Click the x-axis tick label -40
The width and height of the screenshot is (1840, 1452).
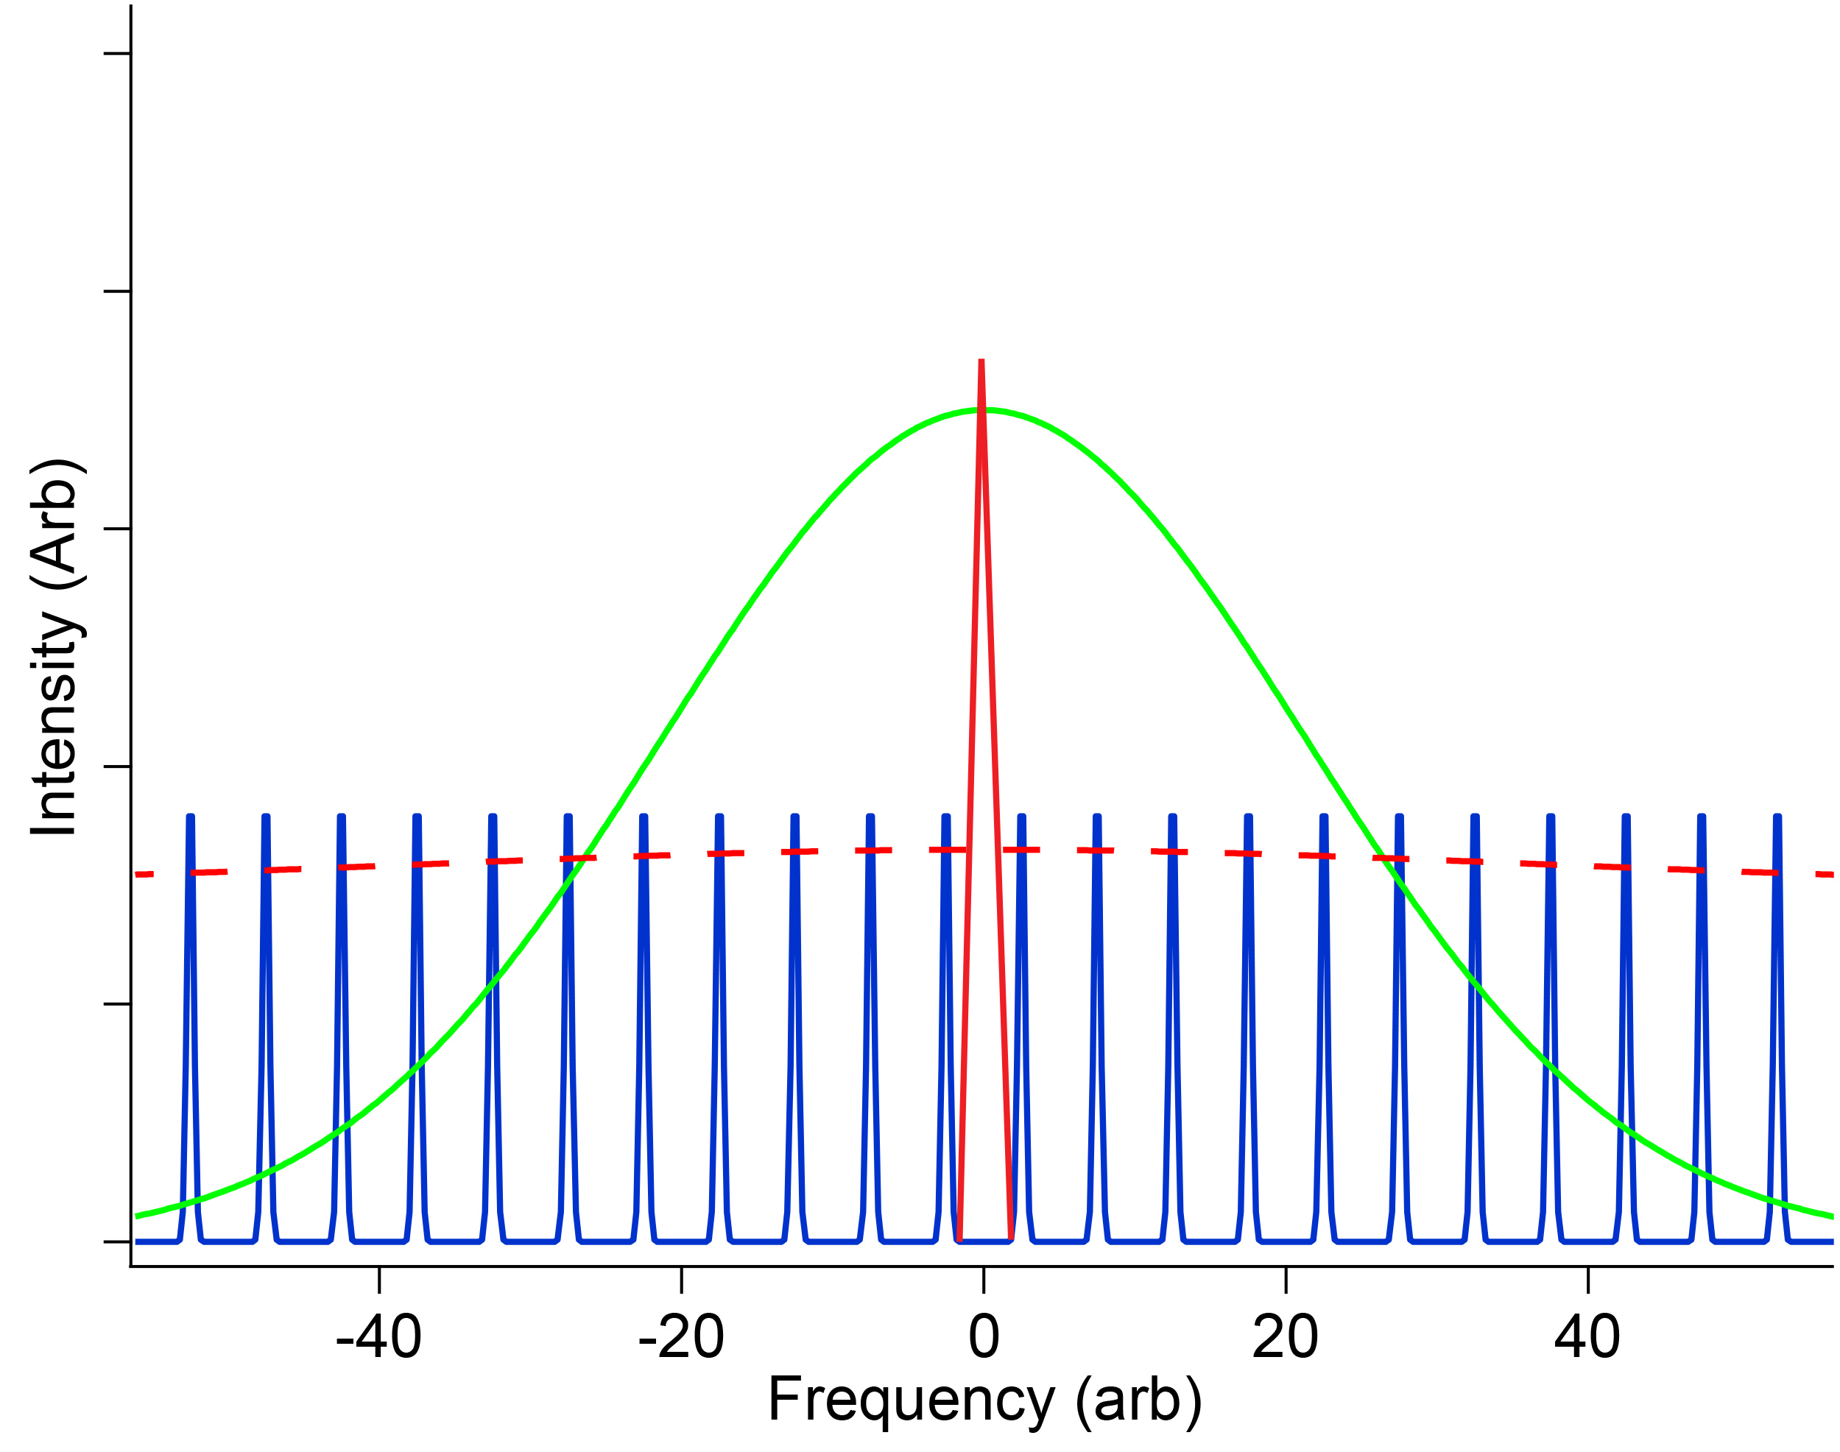[378, 1338]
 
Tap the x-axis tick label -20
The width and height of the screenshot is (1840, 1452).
[681, 1338]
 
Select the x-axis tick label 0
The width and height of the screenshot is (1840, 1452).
[983, 1338]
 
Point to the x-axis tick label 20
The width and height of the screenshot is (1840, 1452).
[1285, 1338]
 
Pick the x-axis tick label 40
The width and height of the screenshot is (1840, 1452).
[1587, 1338]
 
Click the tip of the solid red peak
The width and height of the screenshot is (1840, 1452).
[981, 362]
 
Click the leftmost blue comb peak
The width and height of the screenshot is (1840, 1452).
[191, 819]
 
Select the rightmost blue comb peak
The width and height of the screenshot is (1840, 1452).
[1777, 819]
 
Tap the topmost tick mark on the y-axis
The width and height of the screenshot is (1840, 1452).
[117, 54]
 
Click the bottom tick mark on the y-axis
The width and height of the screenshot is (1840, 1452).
[117, 1242]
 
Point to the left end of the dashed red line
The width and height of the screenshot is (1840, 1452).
[138, 874]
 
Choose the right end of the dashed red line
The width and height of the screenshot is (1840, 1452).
[1830, 874]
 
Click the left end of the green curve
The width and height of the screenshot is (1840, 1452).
[138, 1216]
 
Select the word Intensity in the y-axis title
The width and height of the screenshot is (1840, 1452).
[54, 722]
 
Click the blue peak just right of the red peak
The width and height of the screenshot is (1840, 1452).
[1021, 819]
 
